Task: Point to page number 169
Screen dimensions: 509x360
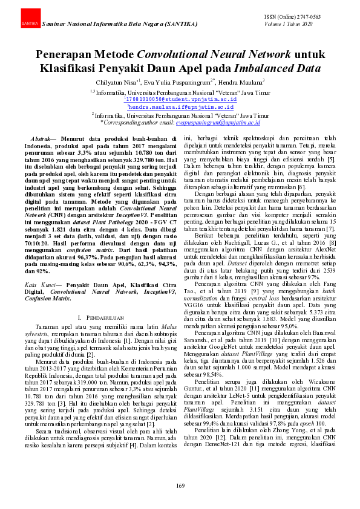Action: click(x=180, y=486)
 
